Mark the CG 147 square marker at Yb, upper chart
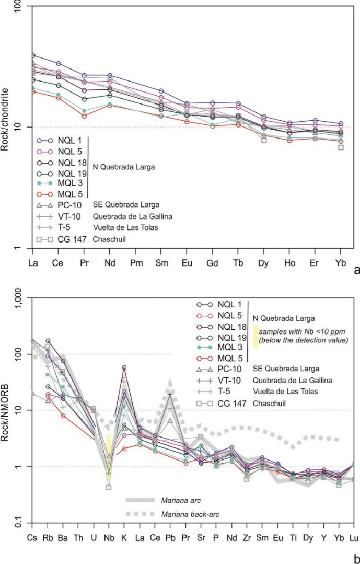pyautogui.click(x=341, y=147)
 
